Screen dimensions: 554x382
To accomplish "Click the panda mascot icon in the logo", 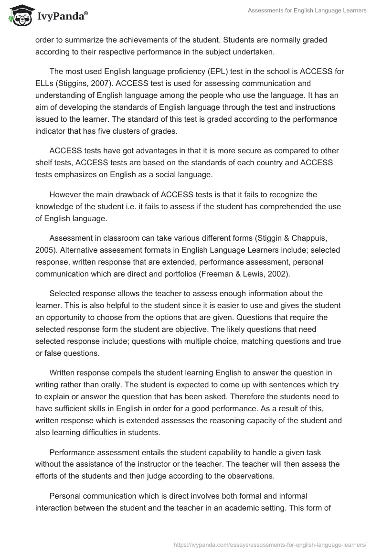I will pos(20,17).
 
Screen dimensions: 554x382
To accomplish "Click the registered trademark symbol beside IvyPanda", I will pos(86,13).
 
